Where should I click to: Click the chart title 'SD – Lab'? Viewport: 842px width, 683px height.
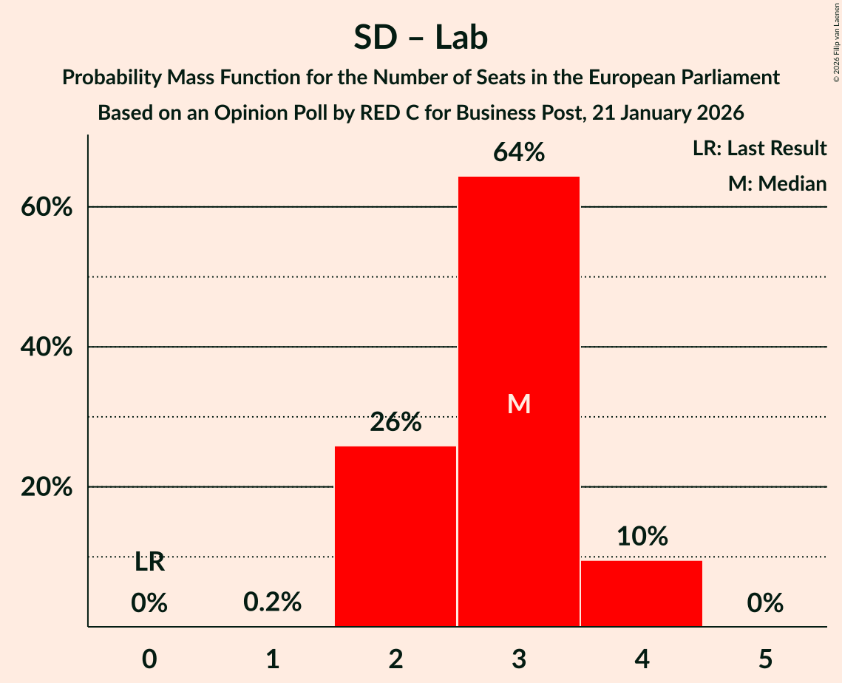click(421, 38)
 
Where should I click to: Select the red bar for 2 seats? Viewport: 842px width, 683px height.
click(395, 536)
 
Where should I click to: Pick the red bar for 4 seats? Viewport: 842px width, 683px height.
click(642, 594)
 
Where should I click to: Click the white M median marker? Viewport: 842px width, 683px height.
click(519, 404)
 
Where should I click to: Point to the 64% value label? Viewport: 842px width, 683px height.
click(519, 153)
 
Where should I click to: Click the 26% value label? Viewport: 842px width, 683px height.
click(395, 423)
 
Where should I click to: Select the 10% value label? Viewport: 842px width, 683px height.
click(642, 537)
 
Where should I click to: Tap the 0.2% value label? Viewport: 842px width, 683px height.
click(273, 603)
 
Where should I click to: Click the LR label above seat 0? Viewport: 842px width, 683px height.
click(149, 563)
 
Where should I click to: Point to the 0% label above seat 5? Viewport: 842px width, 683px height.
click(765, 603)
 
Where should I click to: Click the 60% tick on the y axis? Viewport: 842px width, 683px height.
click(46, 208)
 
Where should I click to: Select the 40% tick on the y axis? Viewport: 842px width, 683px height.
click(46, 347)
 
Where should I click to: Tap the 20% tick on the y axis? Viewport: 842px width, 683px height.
click(46, 488)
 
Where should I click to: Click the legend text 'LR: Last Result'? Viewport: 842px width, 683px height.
click(759, 149)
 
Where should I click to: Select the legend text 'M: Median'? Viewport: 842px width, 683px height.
click(777, 183)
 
